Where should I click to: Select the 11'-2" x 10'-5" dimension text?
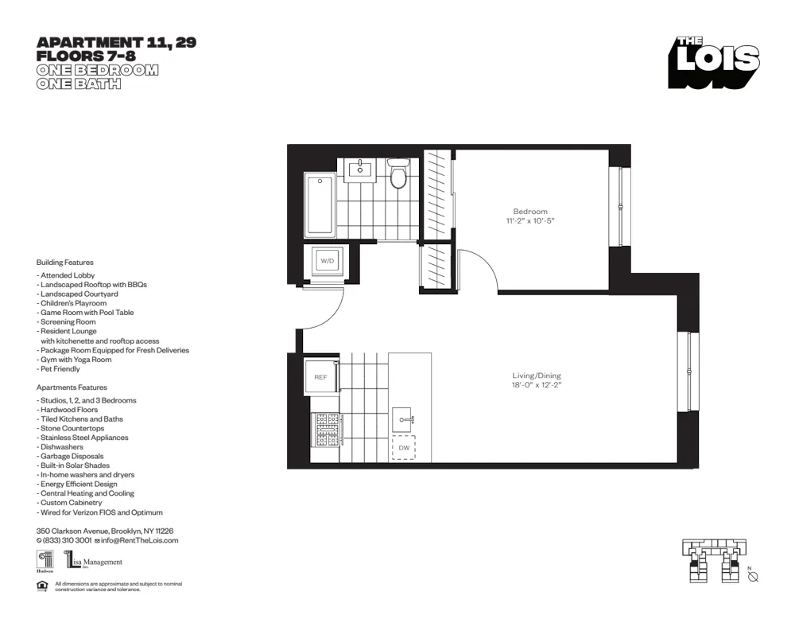tap(529, 220)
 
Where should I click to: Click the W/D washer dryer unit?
tap(327, 261)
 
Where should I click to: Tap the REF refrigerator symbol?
tap(320, 377)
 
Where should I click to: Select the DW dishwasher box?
tap(404, 448)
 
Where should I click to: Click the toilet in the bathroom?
tap(397, 173)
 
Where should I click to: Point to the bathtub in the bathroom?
tap(320, 204)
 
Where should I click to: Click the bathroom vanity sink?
tap(361, 169)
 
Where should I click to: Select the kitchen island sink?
tap(404, 419)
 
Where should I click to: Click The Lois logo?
tap(713, 61)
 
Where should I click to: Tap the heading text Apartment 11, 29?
tap(116, 43)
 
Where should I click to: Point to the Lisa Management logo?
tap(93, 562)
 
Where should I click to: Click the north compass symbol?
tap(753, 577)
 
